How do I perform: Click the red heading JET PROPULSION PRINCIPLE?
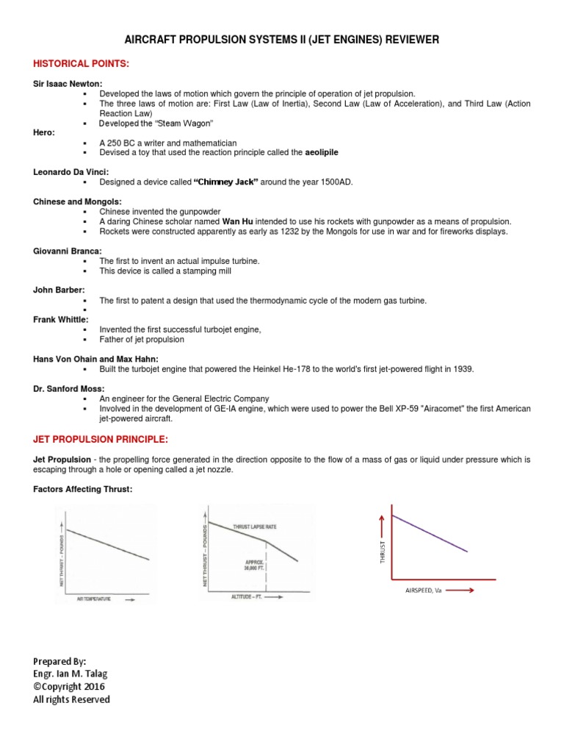(x=101, y=440)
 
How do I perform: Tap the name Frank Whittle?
(x=59, y=319)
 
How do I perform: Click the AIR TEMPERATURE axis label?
(x=94, y=599)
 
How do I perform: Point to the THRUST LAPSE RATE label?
(x=253, y=527)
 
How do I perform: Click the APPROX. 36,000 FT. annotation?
(x=255, y=565)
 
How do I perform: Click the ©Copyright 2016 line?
(x=69, y=686)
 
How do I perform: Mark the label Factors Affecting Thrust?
(x=83, y=490)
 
